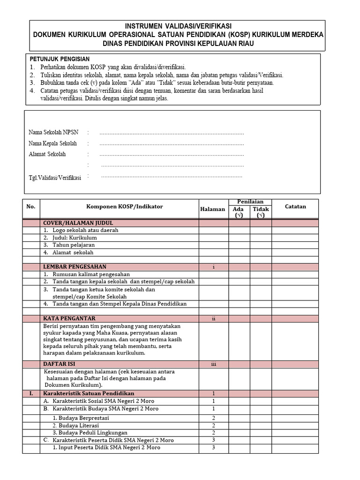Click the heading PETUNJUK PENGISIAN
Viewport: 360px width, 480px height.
[60, 59]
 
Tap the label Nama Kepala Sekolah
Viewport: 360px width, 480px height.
[52, 143]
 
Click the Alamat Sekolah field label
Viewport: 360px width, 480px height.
[47, 154]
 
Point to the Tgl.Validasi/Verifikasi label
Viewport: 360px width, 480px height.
[55, 178]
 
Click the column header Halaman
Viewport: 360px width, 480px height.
[213, 209]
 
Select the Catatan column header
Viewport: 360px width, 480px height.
[295, 206]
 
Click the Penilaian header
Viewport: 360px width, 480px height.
[250, 202]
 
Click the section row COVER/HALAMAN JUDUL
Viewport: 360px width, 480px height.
[78, 223]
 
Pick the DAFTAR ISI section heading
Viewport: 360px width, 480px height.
[59, 364]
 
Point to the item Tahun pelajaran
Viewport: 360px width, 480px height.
[74, 245]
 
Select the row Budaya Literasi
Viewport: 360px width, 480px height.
[75, 425]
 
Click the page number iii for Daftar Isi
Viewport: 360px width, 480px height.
[213, 364]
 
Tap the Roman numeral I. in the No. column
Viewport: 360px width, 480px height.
[31, 393]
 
